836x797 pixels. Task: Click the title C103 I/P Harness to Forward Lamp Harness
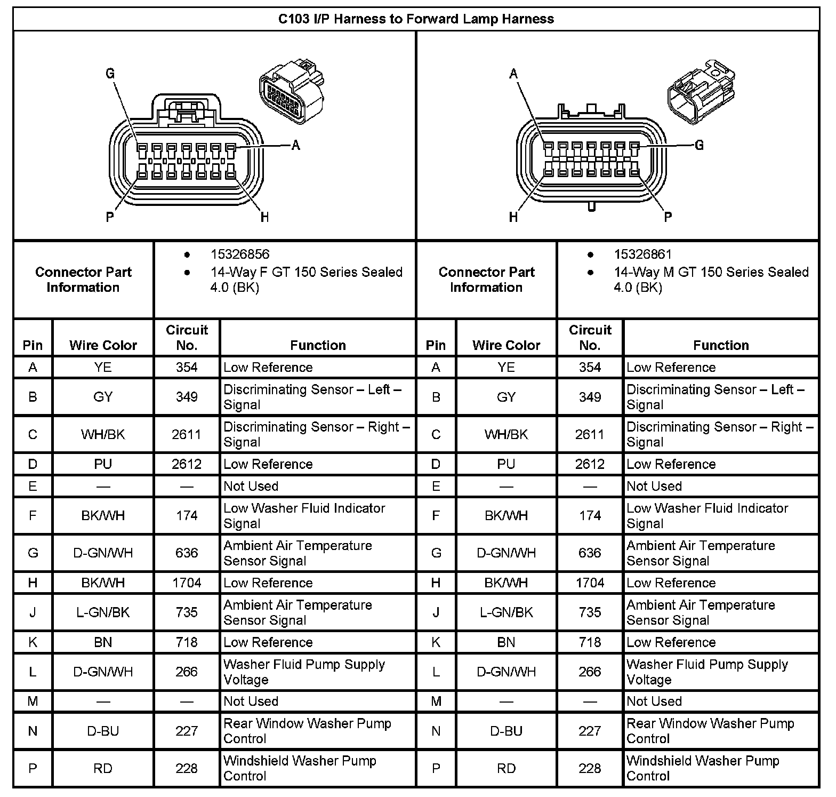coord(416,19)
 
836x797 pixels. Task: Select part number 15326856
coord(239,254)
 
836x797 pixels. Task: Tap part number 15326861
coord(642,254)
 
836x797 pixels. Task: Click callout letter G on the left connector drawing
coord(110,74)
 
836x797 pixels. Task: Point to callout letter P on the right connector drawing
coord(668,217)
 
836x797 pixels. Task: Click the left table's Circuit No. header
coord(187,337)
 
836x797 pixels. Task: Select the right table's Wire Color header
coord(506,345)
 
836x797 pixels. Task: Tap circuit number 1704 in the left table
coord(187,583)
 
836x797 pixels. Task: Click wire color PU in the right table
coord(506,464)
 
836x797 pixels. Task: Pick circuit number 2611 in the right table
coord(590,434)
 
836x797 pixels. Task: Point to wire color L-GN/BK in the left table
coord(103,612)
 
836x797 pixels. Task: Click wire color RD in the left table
coord(103,768)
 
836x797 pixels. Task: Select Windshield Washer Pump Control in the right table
coord(703,768)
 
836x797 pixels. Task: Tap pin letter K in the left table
coord(33,642)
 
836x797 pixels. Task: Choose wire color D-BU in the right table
coord(506,731)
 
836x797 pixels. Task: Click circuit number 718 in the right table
coord(590,642)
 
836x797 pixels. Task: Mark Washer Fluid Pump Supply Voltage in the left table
coord(304,672)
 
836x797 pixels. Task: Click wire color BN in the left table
coord(103,642)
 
